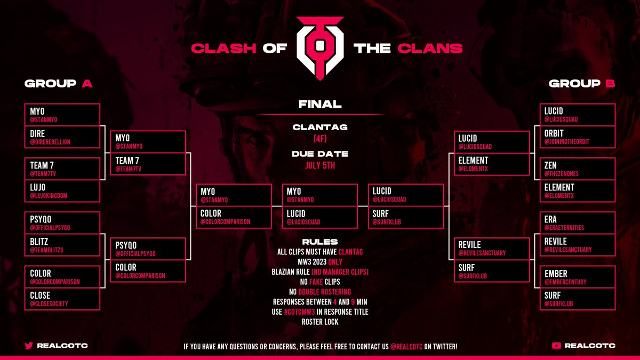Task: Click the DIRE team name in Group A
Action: [38, 133]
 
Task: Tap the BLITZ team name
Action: [39, 242]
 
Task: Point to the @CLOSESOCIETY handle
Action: [49, 303]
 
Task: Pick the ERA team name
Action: [550, 220]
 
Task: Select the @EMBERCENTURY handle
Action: [565, 282]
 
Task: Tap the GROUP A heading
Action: [59, 84]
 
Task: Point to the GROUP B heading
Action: [582, 84]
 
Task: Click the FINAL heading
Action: [320, 105]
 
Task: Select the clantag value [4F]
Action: [320, 139]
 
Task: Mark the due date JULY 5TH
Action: [320, 165]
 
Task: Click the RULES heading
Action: [320, 242]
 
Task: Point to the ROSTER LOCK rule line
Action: [320, 322]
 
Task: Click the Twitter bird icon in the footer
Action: [29, 346]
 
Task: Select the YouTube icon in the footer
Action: [557, 346]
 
